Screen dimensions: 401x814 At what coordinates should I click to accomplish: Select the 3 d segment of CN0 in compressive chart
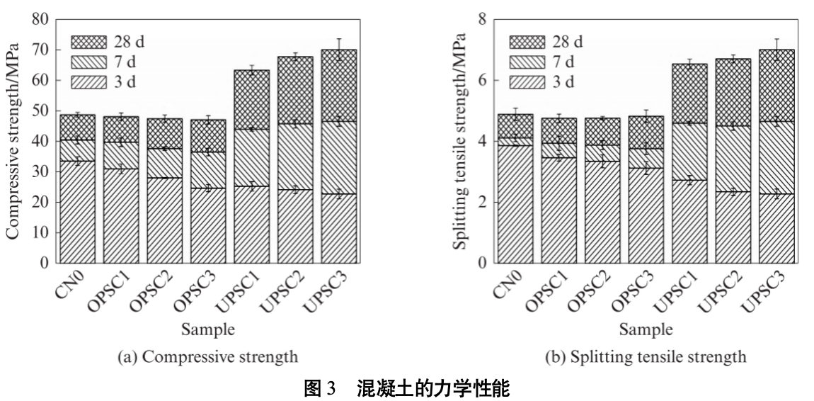(x=77, y=212)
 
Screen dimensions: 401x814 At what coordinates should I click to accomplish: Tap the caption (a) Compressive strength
(x=208, y=356)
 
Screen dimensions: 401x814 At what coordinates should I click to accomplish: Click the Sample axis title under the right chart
(x=646, y=329)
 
